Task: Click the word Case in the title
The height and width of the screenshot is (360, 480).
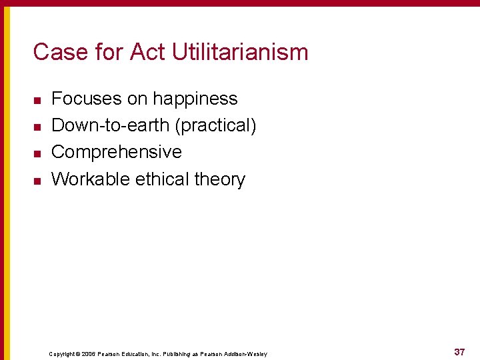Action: pyautogui.click(x=56, y=52)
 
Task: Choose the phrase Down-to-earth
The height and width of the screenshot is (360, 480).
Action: pyautogui.click(x=110, y=125)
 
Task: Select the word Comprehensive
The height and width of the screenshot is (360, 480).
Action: pyautogui.click(x=117, y=152)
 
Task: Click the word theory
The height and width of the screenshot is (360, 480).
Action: pyautogui.click(x=220, y=179)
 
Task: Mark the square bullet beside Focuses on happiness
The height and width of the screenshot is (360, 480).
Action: pyautogui.click(x=37, y=100)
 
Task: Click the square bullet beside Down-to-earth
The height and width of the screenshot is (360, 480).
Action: pyautogui.click(x=37, y=127)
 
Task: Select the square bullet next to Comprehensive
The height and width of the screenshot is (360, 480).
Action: pyautogui.click(x=37, y=153)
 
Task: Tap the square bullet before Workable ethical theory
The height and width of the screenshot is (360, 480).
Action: pyautogui.click(x=37, y=180)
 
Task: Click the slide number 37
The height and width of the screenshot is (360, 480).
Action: pyautogui.click(x=459, y=352)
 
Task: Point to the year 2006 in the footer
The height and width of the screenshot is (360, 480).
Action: pyautogui.click(x=89, y=354)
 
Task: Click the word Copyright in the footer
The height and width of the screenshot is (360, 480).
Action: pyautogui.click(x=62, y=354)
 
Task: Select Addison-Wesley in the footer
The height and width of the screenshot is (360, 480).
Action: pyautogui.click(x=245, y=354)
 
